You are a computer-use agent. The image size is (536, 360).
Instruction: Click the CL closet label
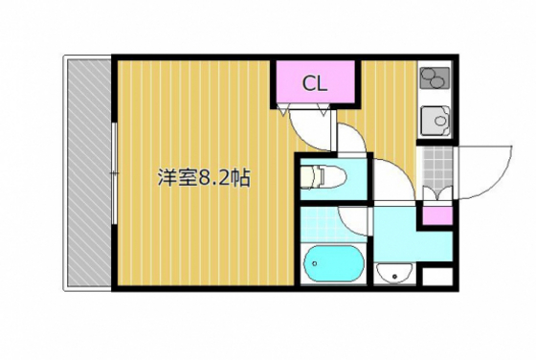point(316,83)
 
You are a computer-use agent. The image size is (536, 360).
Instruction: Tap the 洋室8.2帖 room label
point(204,178)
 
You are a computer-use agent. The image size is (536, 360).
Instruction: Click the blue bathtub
point(331,265)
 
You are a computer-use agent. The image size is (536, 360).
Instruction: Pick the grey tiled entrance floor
point(435,168)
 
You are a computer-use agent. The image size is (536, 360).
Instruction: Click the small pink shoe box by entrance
point(436,214)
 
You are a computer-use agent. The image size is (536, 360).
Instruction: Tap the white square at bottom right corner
point(436,279)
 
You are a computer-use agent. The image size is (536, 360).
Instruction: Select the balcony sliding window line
point(114,173)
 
